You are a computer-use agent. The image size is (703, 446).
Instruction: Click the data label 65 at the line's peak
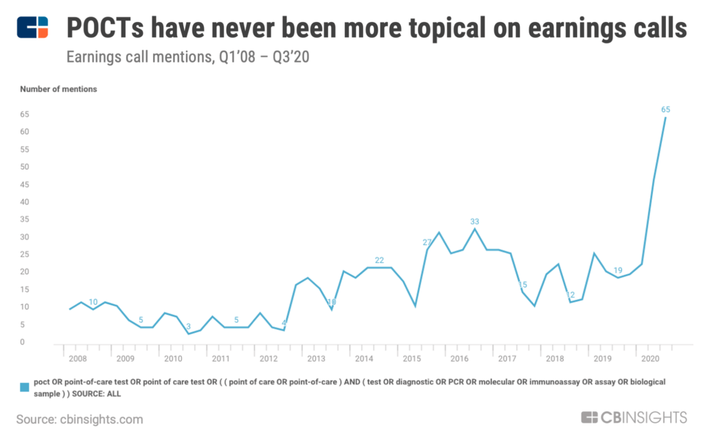(665, 110)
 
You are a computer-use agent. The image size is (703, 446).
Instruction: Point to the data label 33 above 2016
(474, 222)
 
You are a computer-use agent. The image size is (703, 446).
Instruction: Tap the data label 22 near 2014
(379, 260)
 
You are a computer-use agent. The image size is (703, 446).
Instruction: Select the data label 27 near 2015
(427, 242)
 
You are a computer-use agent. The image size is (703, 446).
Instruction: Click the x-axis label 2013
(316, 359)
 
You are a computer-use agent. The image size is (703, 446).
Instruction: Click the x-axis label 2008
(77, 359)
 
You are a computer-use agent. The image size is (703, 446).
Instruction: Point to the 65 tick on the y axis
(25, 114)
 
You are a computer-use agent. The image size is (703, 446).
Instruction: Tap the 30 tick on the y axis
(25, 237)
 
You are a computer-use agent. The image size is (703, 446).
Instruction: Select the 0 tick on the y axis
(23, 342)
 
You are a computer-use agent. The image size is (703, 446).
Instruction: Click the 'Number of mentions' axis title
(58, 89)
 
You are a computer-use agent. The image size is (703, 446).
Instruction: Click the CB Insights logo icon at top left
(33, 27)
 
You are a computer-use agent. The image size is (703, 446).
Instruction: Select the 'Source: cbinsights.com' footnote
(80, 419)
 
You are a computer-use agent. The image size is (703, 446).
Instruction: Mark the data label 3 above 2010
(188, 327)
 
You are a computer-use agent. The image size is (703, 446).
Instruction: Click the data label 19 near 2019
(617, 270)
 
